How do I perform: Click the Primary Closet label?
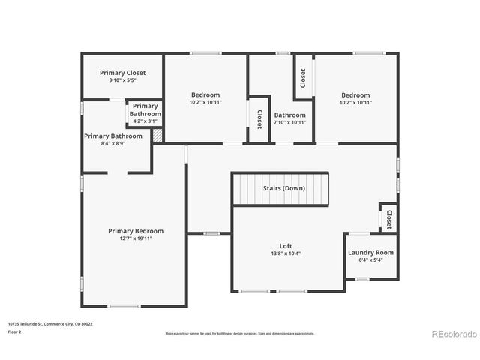pyautogui.click(x=122, y=73)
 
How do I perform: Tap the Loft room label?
pyautogui.click(x=286, y=245)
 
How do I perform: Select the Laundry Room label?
pyautogui.click(x=370, y=252)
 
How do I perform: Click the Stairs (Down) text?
pyautogui.click(x=283, y=188)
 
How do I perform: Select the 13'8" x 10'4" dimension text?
pyautogui.click(x=286, y=253)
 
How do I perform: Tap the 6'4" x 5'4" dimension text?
pyautogui.click(x=370, y=260)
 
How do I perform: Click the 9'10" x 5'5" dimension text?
pyautogui.click(x=122, y=80)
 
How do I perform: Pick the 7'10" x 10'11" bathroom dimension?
pyautogui.click(x=289, y=122)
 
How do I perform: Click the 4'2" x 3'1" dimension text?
pyautogui.click(x=145, y=121)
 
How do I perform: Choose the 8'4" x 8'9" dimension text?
pyautogui.click(x=112, y=143)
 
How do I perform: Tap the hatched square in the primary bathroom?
pyautogui.click(x=157, y=136)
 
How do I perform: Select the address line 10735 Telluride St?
pyautogui.click(x=49, y=324)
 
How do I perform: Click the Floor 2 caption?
pyautogui.click(x=15, y=331)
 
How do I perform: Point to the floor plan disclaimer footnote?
pyautogui.click(x=239, y=333)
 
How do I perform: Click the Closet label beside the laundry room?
pyautogui.click(x=388, y=218)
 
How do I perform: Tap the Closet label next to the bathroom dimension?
pyautogui.click(x=259, y=118)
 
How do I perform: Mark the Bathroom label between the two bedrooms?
pyautogui.click(x=289, y=115)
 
